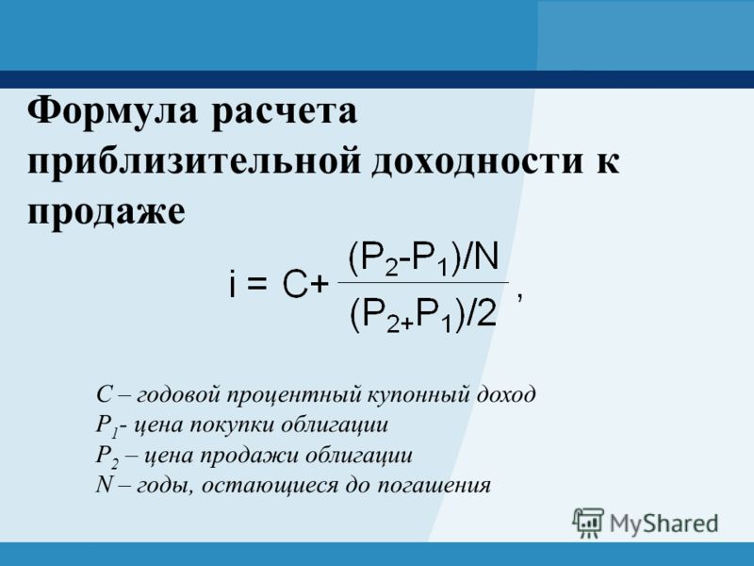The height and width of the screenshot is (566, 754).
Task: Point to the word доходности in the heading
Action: click(477, 161)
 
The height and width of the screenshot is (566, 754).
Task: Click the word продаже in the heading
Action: click(106, 213)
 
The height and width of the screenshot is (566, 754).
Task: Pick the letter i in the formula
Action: click(232, 283)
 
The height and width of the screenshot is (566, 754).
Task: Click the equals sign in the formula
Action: click(255, 284)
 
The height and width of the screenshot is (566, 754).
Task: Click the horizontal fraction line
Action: click(423, 282)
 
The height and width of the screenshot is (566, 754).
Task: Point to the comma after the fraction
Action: click(519, 298)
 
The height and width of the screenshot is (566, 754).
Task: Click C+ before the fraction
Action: click(305, 285)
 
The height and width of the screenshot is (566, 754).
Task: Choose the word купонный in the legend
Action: click(418, 395)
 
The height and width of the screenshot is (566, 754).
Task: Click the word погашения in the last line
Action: click(434, 485)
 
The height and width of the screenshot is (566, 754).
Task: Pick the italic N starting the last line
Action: click(105, 484)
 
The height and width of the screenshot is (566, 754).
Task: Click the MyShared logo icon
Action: click(588, 523)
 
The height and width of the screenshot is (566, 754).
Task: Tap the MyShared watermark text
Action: click(664, 524)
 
